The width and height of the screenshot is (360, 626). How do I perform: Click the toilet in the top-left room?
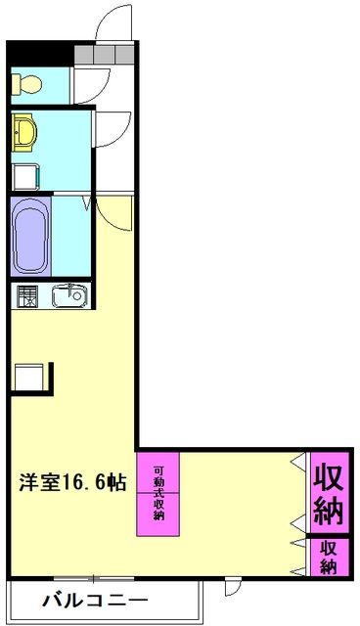[23, 84]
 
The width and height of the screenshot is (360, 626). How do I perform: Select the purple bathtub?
[29, 237]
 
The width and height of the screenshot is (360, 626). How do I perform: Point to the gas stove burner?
[26, 294]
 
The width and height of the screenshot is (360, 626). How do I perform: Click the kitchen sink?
[68, 294]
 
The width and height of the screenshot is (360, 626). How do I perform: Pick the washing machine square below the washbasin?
[24, 177]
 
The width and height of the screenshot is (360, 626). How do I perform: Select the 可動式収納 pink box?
[158, 493]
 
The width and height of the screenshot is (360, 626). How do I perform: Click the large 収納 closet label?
[330, 493]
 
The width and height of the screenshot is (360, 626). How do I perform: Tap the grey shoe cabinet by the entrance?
[104, 55]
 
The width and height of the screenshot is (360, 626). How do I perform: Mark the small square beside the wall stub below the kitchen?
[27, 376]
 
